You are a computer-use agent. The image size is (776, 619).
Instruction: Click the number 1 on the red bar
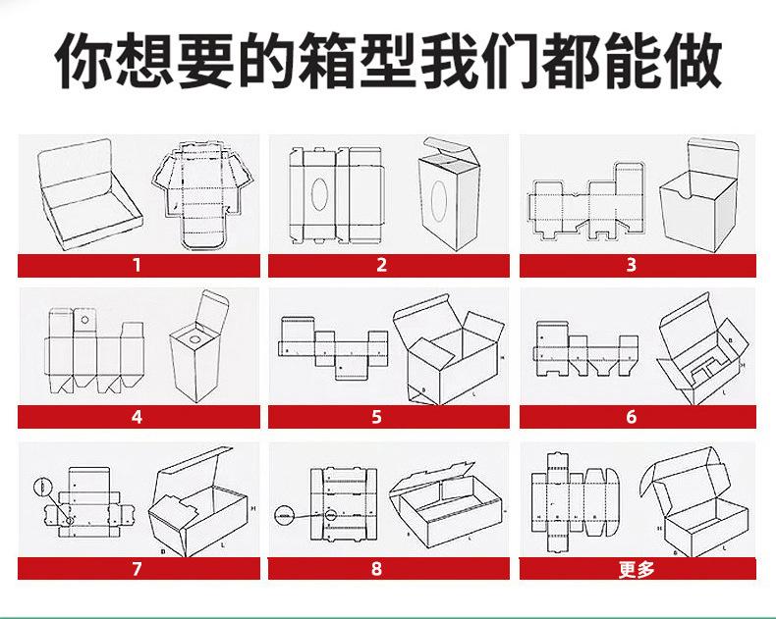(137, 265)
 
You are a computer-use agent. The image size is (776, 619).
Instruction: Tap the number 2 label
(381, 265)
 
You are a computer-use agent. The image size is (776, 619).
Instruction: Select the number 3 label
(632, 265)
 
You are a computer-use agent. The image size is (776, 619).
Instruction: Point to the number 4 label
(137, 417)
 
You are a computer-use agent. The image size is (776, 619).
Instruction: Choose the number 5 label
(377, 417)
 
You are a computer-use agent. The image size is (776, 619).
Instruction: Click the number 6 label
(632, 417)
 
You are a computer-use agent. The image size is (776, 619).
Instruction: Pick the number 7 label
(137, 569)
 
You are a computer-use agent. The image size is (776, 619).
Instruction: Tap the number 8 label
(377, 569)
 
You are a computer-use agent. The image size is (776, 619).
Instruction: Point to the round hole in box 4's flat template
(84, 320)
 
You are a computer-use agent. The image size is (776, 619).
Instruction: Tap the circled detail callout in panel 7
(42, 487)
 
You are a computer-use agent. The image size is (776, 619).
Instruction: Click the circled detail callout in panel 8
(286, 512)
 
